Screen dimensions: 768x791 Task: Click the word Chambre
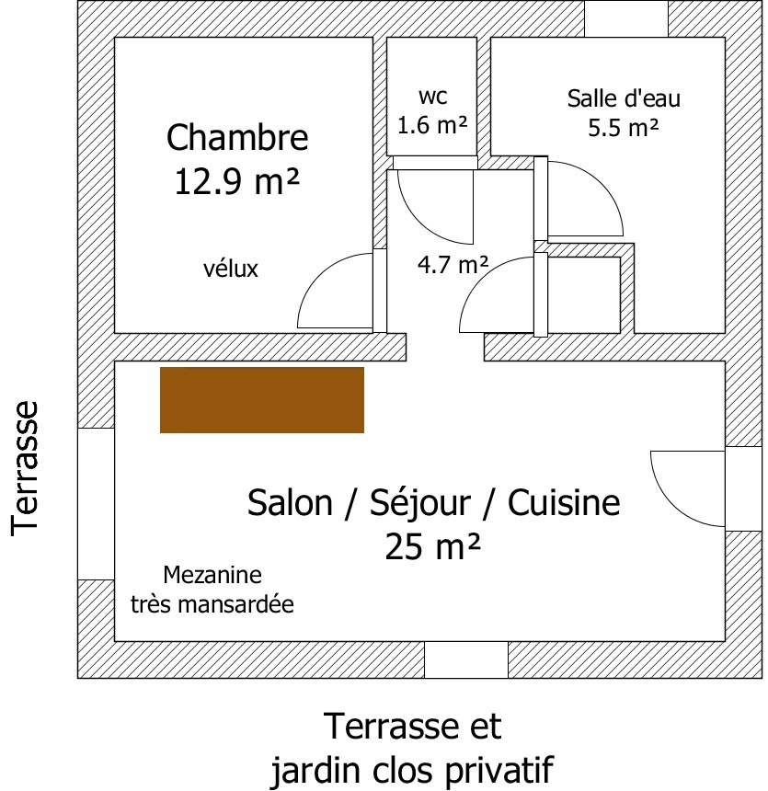tap(237, 137)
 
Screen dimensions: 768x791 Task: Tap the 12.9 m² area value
tap(237, 181)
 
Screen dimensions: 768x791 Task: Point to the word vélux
tap(231, 269)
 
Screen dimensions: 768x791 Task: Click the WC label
tap(432, 97)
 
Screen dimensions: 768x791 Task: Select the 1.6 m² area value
tap(432, 124)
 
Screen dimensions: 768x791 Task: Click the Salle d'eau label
tap(624, 98)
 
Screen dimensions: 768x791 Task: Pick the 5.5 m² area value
tap(624, 127)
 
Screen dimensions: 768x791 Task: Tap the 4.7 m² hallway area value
tap(453, 264)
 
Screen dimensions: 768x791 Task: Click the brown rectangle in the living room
tap(262, 400)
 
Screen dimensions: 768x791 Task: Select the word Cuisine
tap(564, 502)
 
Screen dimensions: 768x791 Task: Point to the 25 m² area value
tap(432, 547)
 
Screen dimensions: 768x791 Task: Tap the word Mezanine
tap(212, 575)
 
